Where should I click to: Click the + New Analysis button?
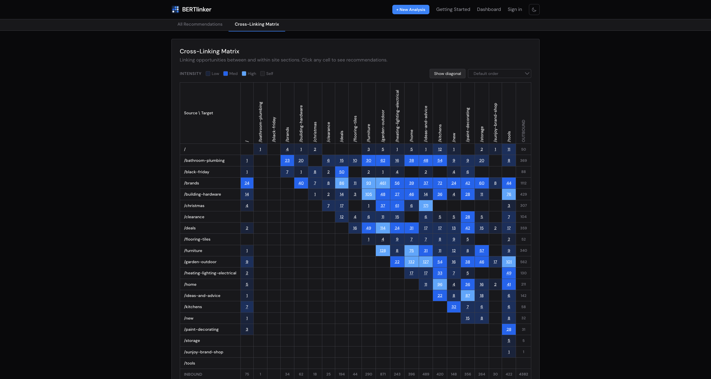coord(410,9)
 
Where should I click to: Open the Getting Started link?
coord(453,9)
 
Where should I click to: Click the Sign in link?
coord(514,9)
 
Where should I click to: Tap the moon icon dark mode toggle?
coord(534,10)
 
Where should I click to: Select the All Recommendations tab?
coord(200,24)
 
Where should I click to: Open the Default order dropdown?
coord(499,74)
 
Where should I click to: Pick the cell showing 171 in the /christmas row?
coord(426,206)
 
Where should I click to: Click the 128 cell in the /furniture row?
coord(383,251)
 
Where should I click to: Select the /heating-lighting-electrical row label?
coord(210,273)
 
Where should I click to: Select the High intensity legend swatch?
coord(244,74)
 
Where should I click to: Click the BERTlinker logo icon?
coord(175,9)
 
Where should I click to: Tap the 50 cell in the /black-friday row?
coord(342,172)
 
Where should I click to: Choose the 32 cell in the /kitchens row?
coord(454,307)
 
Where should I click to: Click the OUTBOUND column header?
coord(523,131)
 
